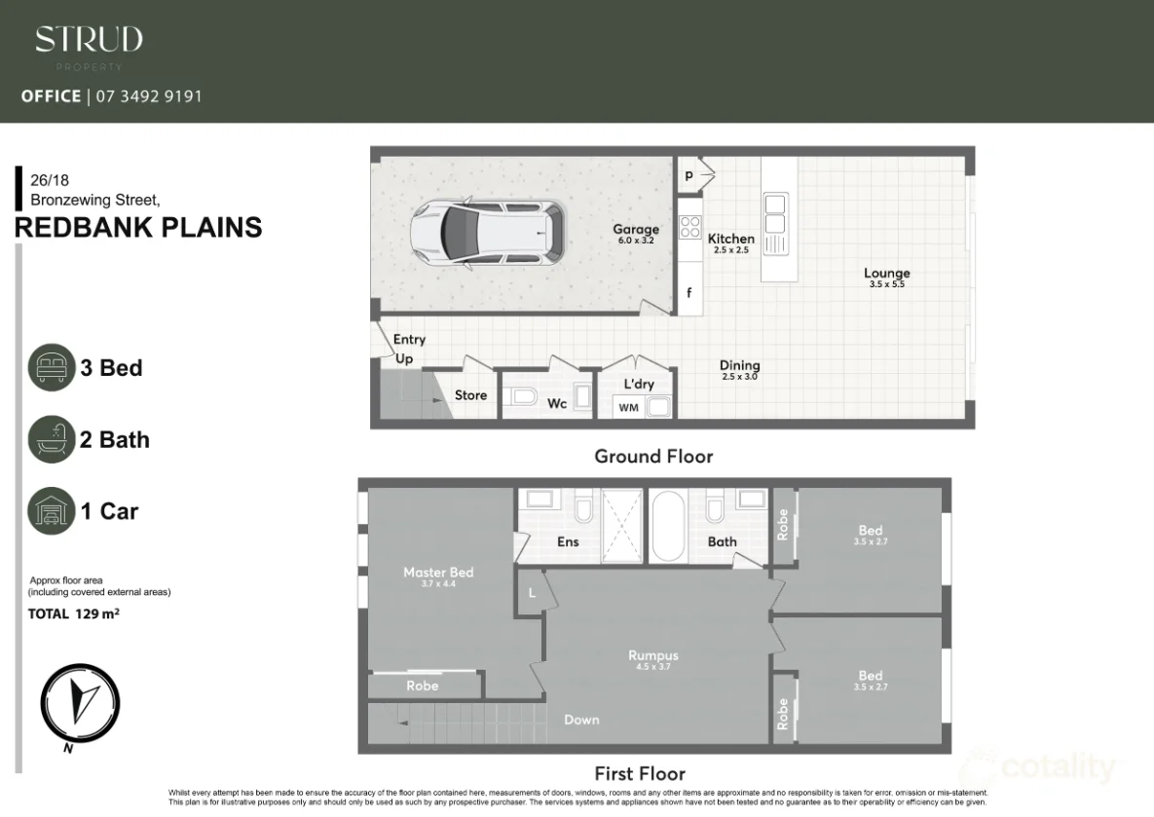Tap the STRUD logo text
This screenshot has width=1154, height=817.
(x=89, y=40)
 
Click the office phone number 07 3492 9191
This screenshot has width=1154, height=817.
(x=146, y=96)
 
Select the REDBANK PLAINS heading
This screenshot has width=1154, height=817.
(x=138, y=228)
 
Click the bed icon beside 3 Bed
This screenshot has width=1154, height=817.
(x=52, y=368)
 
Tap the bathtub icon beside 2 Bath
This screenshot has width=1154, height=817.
(x=52, y=439)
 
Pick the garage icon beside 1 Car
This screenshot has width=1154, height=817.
(x=52, y=510)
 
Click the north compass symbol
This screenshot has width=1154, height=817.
(x=80, y=701)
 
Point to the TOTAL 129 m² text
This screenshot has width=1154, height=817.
(x=74, y=614)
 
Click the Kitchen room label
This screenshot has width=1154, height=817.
(x=730, y=239)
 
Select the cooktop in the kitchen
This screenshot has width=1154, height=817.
(x=689, y=227)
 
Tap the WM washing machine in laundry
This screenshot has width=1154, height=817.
(x=629, y=407)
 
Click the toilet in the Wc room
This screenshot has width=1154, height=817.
(x=523, y=396)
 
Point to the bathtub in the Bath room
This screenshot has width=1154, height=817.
(x=667, y=527)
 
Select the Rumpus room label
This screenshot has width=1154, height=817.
(x=652, y=656)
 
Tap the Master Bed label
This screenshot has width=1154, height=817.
(x=438, y=573)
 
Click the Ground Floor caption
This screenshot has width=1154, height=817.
(x=653, y=456)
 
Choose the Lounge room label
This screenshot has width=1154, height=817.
(x=885, y=274)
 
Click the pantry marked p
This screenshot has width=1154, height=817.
(x=689, y=175)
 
